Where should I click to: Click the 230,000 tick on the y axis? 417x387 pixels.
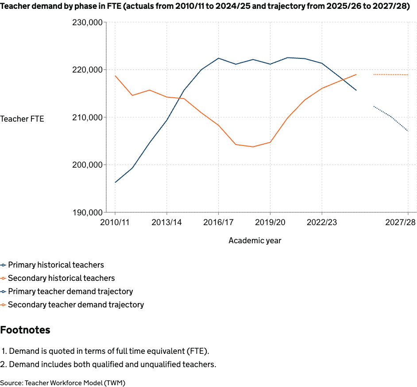(x=87, y=23)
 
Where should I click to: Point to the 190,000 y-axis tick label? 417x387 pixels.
(x=87, y=212)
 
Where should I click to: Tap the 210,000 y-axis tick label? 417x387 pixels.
(x=87, y=117)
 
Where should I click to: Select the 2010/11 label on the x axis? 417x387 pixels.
(x=115, y=222)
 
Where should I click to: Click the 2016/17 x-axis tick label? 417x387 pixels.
(x=218, y=222)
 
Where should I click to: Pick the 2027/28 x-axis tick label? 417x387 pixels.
(x=400, y=222)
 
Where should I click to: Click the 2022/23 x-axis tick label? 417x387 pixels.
(x=322, y=222)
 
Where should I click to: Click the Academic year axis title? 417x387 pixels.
(x=255, y=241)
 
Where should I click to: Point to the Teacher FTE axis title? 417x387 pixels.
(x=22, y=119)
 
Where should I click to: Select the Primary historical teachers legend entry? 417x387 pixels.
(x=56, y=265)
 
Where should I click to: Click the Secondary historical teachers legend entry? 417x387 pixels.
(x=61, y=278)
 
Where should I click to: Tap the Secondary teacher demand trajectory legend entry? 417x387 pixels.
(x=76, y=305)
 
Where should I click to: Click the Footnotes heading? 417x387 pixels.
(x=25, y=330)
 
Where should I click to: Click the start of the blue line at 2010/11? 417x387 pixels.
(x=116, y=182)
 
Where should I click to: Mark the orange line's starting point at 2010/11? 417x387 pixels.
(x=116, y=76)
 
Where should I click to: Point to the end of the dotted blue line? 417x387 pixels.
(x=408, y=131)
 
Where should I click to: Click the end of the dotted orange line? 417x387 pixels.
(x=408, y=75)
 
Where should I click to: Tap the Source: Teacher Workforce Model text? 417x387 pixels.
(x=62, y=383)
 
